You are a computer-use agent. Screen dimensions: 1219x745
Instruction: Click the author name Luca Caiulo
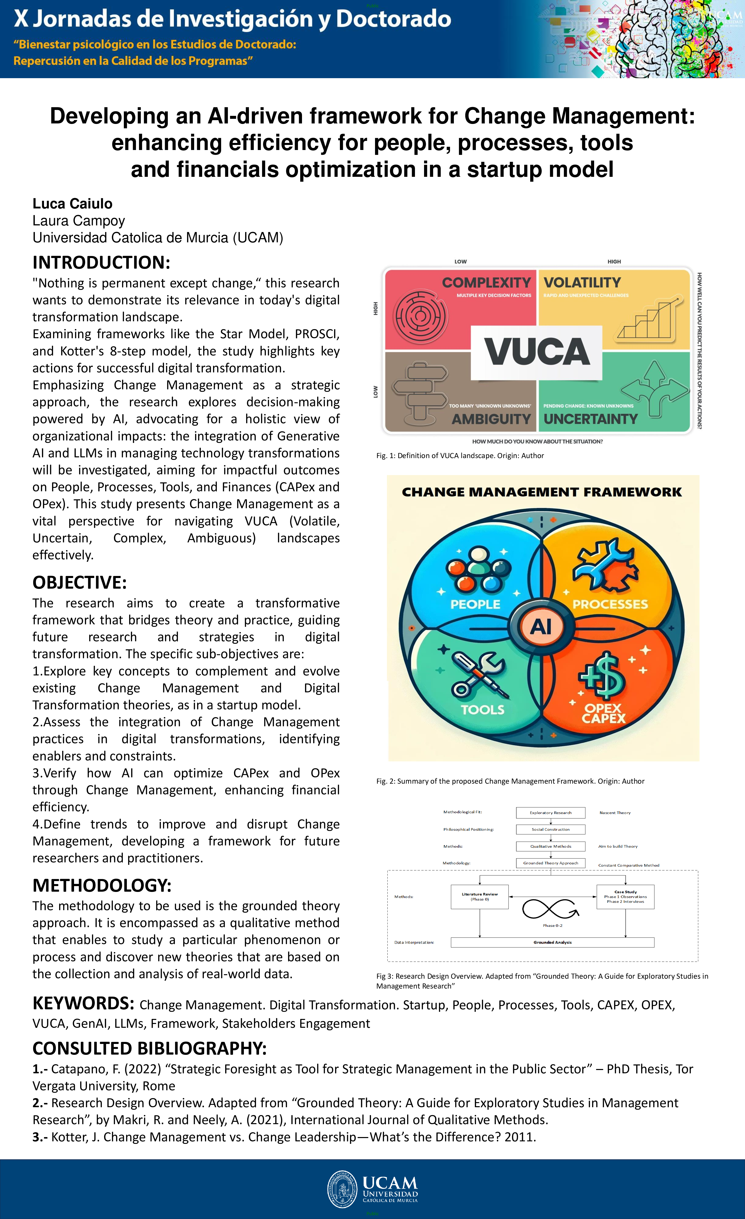pyautogui.click(x=72, y=204)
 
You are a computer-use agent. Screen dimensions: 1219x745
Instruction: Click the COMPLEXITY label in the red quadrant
pyautogui.click(x=486, y=283)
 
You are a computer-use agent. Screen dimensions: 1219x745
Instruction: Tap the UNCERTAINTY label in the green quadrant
pyautogui.click(x=591, y=419)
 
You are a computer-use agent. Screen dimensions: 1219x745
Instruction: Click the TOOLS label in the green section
pyautogui.click(x=482, y=710)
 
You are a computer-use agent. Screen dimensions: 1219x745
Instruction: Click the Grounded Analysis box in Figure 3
pyautogui.click(x=552, y=943)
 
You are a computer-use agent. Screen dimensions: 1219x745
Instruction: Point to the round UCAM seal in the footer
pyautogui.click(x=342, y=1189)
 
